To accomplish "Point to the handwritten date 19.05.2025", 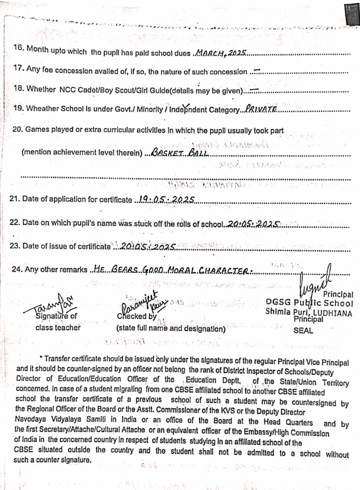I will [x=164, y=199].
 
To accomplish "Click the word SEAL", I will [x=303, y=331].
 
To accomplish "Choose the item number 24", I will [x=17, y=269].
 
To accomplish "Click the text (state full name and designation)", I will [x=170, y=329].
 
